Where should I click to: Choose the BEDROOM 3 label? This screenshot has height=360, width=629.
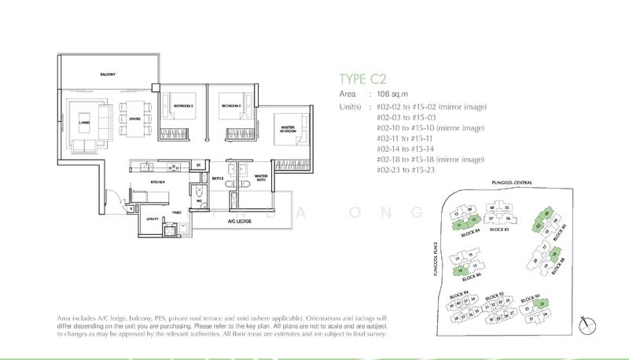[x=183, y=105]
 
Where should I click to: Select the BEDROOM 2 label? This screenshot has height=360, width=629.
[x=230, y=105]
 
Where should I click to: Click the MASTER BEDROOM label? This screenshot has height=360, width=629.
[x=286, y=129]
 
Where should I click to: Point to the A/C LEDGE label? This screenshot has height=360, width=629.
[x=237, y=221]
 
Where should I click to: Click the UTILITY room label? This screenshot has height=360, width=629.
[x=152, y=219]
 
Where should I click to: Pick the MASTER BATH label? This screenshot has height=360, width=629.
[x=261, y=178]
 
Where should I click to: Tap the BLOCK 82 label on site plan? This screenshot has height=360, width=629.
[x=500, y=230]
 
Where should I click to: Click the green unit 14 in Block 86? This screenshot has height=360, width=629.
[x=458, y=271]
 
